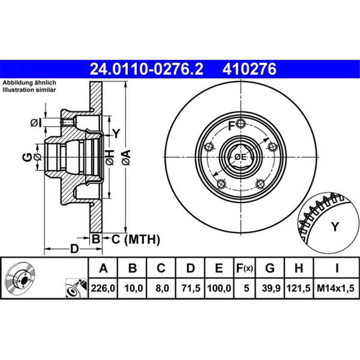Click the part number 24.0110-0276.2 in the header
[147, 69]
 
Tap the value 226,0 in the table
[103, 287]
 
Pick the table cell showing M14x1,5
[336, 287]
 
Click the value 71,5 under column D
[190, 287]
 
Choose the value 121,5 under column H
[298, 287]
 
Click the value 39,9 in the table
[270, 287]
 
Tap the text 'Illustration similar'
[29, 90]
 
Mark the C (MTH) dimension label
[135, 240]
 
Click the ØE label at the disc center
[240, 157]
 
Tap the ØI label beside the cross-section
[36, 122]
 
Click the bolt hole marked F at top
[242, 125]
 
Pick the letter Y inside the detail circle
[334, 227]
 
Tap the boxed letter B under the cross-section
[95, 239]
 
